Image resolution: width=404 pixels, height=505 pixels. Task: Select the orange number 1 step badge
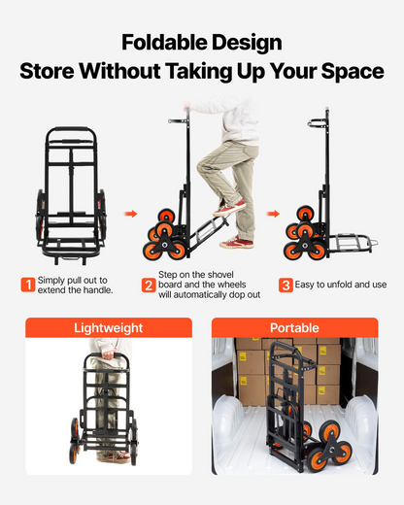coord(28,285)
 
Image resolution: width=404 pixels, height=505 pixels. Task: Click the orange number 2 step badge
coord(149,285)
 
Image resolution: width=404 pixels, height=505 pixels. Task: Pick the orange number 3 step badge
coord(286,285)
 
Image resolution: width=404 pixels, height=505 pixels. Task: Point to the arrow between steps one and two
coord(131,214)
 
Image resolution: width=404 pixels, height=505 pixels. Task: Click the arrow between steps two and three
coord(273,214)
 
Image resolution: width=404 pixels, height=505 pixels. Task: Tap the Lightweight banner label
coord(109,328)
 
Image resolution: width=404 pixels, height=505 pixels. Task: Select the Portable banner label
coord(294,328)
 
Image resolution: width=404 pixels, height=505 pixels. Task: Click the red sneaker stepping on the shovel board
coord(229,208)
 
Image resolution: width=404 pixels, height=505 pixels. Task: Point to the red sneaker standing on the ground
coord(236,242)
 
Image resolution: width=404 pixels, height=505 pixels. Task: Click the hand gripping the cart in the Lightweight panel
coord(108,354)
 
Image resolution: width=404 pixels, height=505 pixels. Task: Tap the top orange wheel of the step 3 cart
coord(305,214)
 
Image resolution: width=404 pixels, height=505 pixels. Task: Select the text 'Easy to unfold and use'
coord(341,285)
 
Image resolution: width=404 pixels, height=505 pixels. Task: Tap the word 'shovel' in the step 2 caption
coord(219,275)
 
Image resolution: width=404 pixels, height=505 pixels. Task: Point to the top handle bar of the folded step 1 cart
coord(72,129)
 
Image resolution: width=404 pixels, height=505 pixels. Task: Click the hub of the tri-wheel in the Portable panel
coord(331,449)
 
